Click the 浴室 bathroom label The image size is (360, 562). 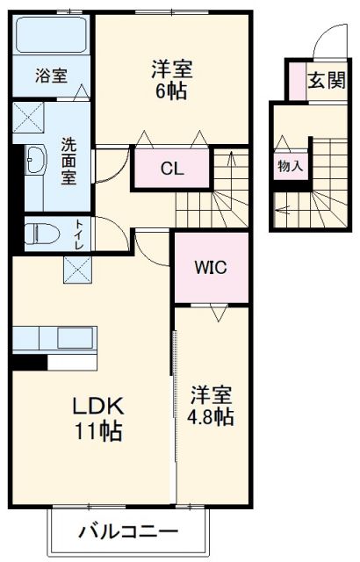(51, 76)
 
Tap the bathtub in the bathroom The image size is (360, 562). (52, 36)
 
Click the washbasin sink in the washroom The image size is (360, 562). (38, 161)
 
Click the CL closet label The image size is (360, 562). (172, 169)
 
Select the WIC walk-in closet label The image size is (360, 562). (212, 267)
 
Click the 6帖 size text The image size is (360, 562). (172, 90)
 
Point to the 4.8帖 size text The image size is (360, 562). (212, 415)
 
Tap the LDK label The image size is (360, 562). (97, 406)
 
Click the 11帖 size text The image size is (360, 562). (97, 431)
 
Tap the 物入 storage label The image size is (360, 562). (291, 164)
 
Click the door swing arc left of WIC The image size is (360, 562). (151, 246)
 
